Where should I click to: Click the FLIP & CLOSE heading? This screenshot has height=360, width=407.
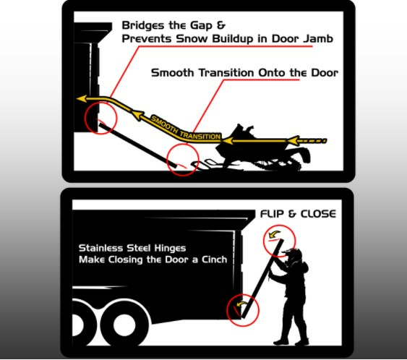pos(296,215)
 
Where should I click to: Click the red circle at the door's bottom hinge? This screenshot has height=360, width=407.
pos(241,309)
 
